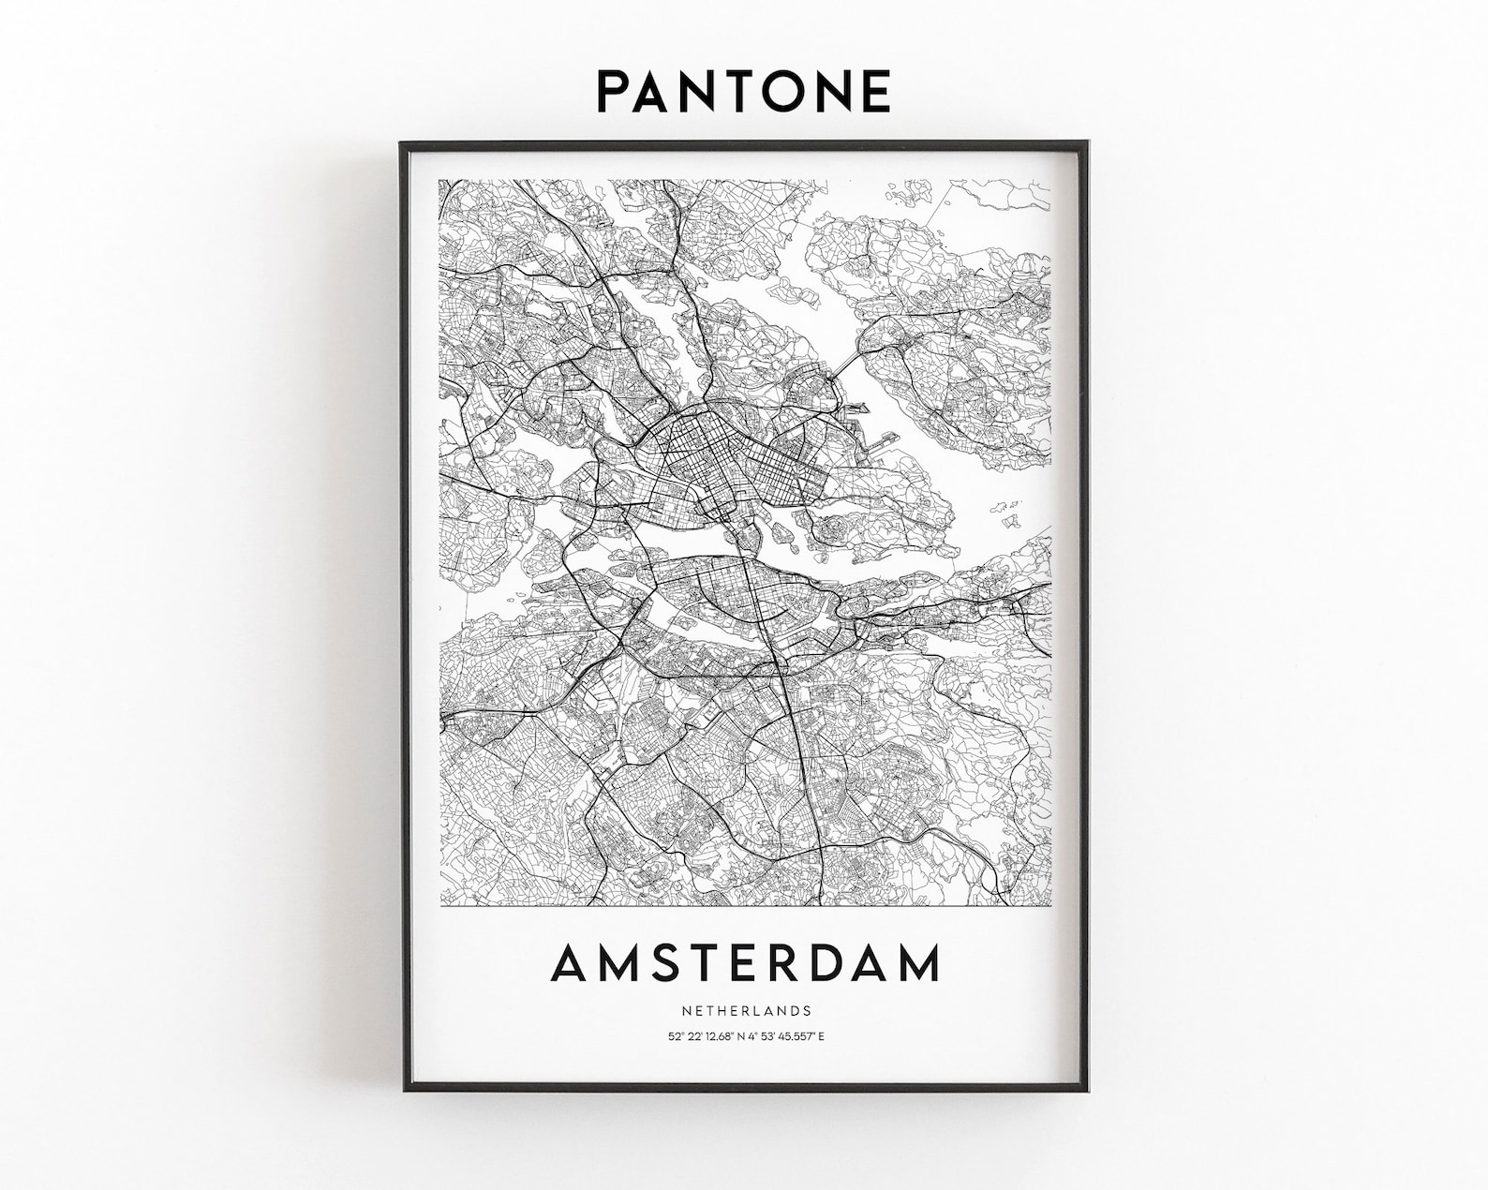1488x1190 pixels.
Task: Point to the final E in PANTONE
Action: [x=873, y=91]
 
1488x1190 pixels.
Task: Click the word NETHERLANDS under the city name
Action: [x=746, y=1011]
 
